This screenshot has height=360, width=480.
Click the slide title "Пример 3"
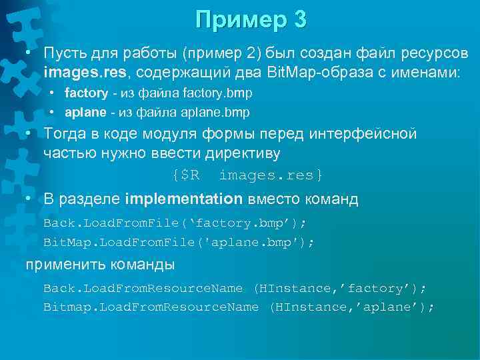[x=251, y=20]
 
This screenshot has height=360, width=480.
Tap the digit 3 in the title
[x=300, y=20]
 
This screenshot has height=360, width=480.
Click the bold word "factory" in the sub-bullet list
[x=86, y=93]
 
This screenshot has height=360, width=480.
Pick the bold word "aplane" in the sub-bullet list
[x=84, y=111]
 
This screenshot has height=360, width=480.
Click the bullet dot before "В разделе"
[x=29, y=199]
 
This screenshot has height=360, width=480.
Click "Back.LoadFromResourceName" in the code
[x=143, y=288]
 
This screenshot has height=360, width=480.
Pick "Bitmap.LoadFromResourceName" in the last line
[x=151, y=307]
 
